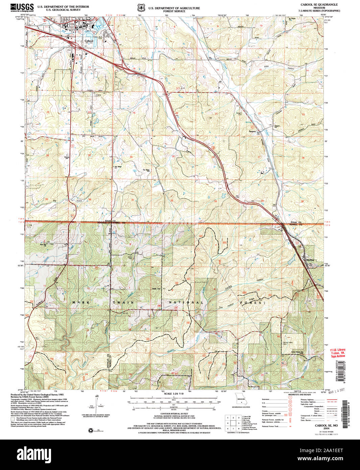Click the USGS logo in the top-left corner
(22, 8)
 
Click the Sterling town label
(310, 260)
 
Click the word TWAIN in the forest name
(123, 302)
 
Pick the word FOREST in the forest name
(251, 303)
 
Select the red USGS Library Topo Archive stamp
(338, 353)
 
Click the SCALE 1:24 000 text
(173, 394)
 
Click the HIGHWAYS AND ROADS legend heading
(299, 395)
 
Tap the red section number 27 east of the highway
(259, 157)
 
